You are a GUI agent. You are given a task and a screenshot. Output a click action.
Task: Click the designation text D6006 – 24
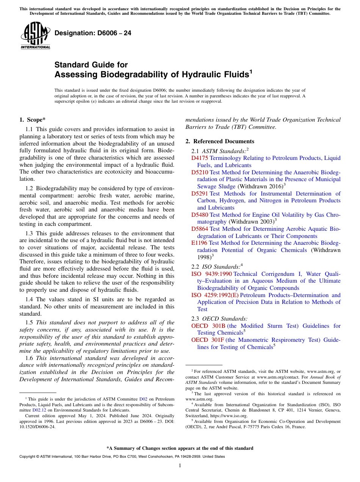coord(93,33)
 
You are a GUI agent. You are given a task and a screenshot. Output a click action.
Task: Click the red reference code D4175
coord(199,158)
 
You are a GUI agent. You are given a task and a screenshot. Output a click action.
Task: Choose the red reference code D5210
coord(199,172)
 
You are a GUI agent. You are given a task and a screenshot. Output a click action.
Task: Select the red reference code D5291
coord(199,194)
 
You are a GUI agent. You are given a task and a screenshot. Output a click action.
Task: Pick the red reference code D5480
coord(199,215)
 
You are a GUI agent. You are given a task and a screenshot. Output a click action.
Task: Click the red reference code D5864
coord(199,229)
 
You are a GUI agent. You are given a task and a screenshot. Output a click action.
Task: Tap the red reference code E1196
coord(199,243)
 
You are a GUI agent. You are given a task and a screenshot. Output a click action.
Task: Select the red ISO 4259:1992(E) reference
coord(215,295)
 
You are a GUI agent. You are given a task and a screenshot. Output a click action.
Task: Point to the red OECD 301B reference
coord(208,326)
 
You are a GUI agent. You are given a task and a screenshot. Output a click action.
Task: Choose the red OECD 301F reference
coord(208,340)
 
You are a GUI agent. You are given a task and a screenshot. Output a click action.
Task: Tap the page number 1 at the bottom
coord(180,466)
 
